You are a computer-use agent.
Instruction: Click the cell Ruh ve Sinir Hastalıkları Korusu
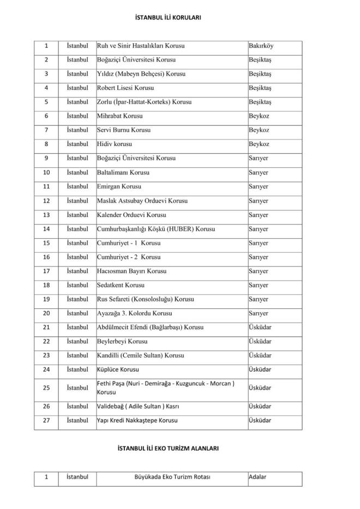click(x=140, y=46)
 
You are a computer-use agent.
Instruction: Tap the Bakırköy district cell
click(x=261, y=46)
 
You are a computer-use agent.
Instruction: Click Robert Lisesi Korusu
click(x=125, y=88)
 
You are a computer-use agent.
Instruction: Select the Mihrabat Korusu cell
click(x=119, y=116)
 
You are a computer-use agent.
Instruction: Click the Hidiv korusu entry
click(x=114, y=144)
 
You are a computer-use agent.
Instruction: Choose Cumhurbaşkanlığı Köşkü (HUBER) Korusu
click(x=155, y=229)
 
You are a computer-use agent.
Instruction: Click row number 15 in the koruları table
click(x=47, y=243)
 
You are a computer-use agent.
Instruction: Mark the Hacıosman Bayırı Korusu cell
click(x=131, y=271)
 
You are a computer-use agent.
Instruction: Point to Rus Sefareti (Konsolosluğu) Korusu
click(x=145, y=299)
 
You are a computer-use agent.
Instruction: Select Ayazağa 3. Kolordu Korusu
click(x=134, y=313)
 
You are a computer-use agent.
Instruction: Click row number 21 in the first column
click(x=47, y=328)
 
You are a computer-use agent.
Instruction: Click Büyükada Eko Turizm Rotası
click(x=172, y=477)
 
